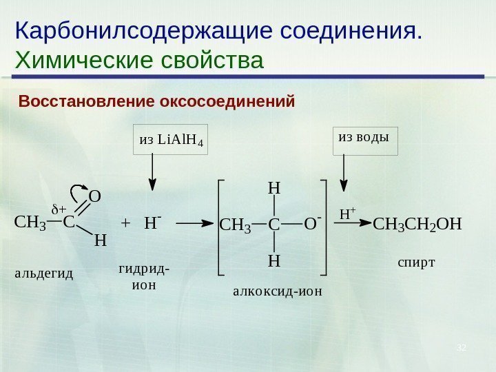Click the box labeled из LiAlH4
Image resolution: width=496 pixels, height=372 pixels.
(x=171, y=141)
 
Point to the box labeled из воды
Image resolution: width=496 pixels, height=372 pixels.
(x=365, y=137)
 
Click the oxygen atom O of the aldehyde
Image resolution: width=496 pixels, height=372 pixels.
(x=95, y=197)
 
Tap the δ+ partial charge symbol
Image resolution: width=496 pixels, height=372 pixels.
(x=59, y=209)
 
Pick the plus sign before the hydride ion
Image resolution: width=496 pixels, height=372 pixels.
(x=125, y=223)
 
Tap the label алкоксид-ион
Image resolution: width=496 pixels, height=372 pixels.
(x=278, y=291)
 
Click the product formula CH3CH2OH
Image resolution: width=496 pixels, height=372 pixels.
(x=417, y=224)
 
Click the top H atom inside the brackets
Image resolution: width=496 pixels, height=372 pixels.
(x=274, y=187)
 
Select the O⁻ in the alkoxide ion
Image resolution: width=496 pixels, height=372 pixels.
(x=312, y=223)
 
